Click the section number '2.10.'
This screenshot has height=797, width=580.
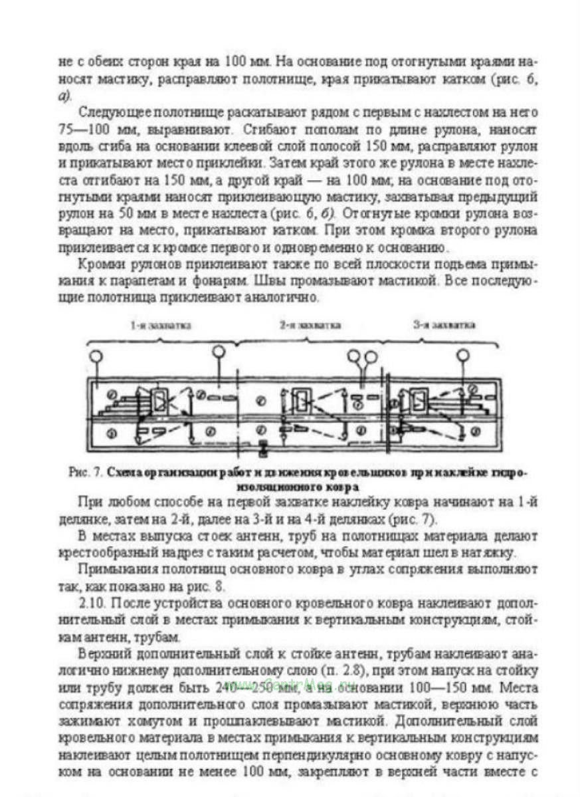(x=91, y=604)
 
